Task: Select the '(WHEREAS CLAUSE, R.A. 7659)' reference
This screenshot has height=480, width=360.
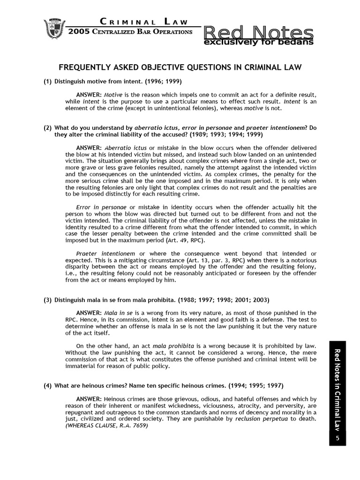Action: click(106, 426)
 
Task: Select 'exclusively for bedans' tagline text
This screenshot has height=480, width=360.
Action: click(258, 43)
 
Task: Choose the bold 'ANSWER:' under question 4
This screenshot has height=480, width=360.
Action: click(89, 398)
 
